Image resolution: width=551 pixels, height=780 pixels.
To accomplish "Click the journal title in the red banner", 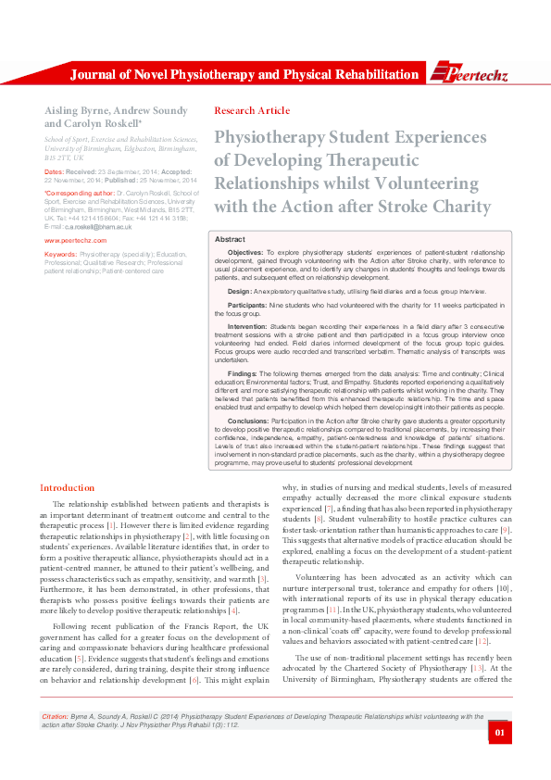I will tap(244, 74).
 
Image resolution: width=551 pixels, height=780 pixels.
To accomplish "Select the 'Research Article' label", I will tap(251, 110).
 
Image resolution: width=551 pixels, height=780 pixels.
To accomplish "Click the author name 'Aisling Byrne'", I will tap(78, 110).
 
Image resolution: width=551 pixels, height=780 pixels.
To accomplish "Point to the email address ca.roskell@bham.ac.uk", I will tap(94, 226).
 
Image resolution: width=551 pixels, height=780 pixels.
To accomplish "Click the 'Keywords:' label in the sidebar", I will tap(60, 253).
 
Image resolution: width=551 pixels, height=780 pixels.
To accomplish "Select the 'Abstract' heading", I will tap(230, 239).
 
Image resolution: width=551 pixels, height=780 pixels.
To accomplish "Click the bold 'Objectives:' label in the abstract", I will tap(245, 252).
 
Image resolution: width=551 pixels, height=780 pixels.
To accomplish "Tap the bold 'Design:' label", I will tap(240, 291).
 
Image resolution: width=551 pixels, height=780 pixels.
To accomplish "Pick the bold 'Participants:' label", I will tap(247, 304).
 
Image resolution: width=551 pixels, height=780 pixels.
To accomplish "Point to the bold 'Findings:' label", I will tap(244, 372).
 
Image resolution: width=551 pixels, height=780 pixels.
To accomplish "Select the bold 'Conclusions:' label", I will tap(248, 421).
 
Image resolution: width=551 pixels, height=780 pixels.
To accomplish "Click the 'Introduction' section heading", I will tap(67, 488).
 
